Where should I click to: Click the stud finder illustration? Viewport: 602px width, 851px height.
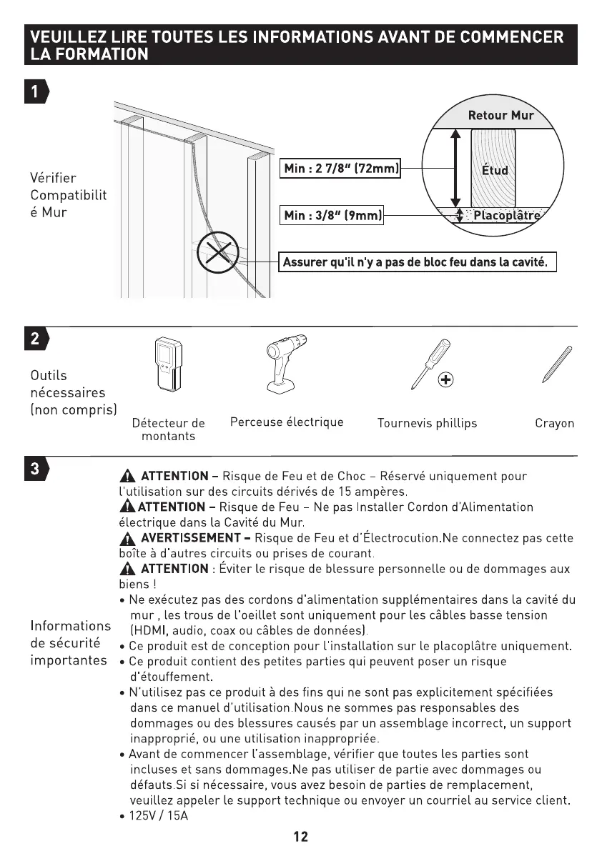[x=167, y=366]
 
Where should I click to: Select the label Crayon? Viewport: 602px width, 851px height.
[x=554, y=423]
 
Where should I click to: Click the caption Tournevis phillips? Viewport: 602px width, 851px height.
[x=427, y=423]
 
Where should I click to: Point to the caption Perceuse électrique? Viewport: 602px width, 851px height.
[x=287, y=422]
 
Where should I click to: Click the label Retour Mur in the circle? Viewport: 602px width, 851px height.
[x=500, y=116]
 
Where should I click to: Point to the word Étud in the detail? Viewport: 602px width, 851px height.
[x=494, y=170]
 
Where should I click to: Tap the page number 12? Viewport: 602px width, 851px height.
[x=301, y=836]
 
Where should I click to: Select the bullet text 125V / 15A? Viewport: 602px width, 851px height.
[x=159, y=815]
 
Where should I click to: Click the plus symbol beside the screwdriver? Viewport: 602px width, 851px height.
[x=445, y=379]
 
